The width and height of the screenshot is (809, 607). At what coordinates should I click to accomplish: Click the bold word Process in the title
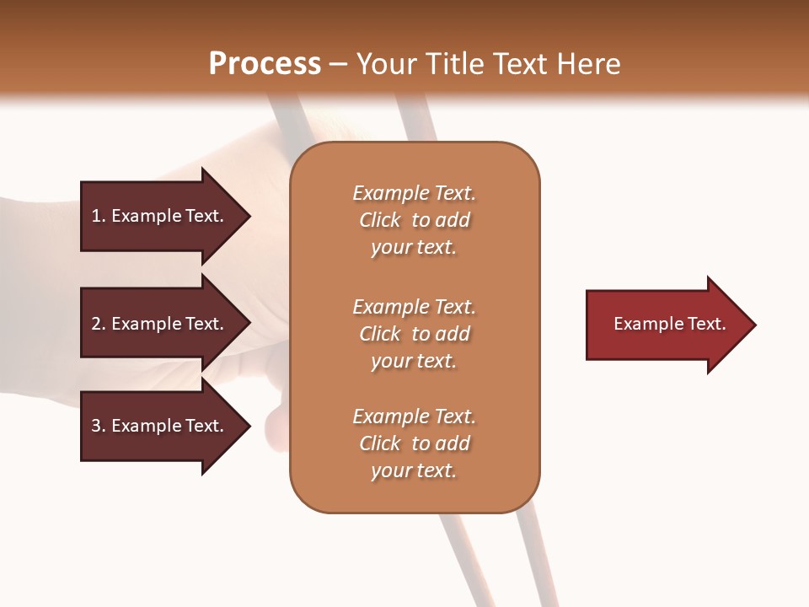point(265,64)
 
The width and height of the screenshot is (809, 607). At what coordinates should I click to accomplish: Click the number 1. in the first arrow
point(99,216)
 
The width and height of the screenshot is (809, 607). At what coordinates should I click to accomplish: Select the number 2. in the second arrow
point(99,324)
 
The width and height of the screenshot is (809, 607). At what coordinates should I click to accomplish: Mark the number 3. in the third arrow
point(99,426)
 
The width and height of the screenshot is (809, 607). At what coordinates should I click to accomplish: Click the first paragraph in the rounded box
point(414,220)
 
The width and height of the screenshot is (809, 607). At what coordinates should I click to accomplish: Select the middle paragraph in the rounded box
point(414,334)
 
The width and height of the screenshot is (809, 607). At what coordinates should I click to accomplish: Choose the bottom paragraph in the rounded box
point(414,443)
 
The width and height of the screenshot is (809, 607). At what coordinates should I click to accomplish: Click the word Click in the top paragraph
point(380,220)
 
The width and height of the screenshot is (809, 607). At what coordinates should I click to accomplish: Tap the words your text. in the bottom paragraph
point(414,470)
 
